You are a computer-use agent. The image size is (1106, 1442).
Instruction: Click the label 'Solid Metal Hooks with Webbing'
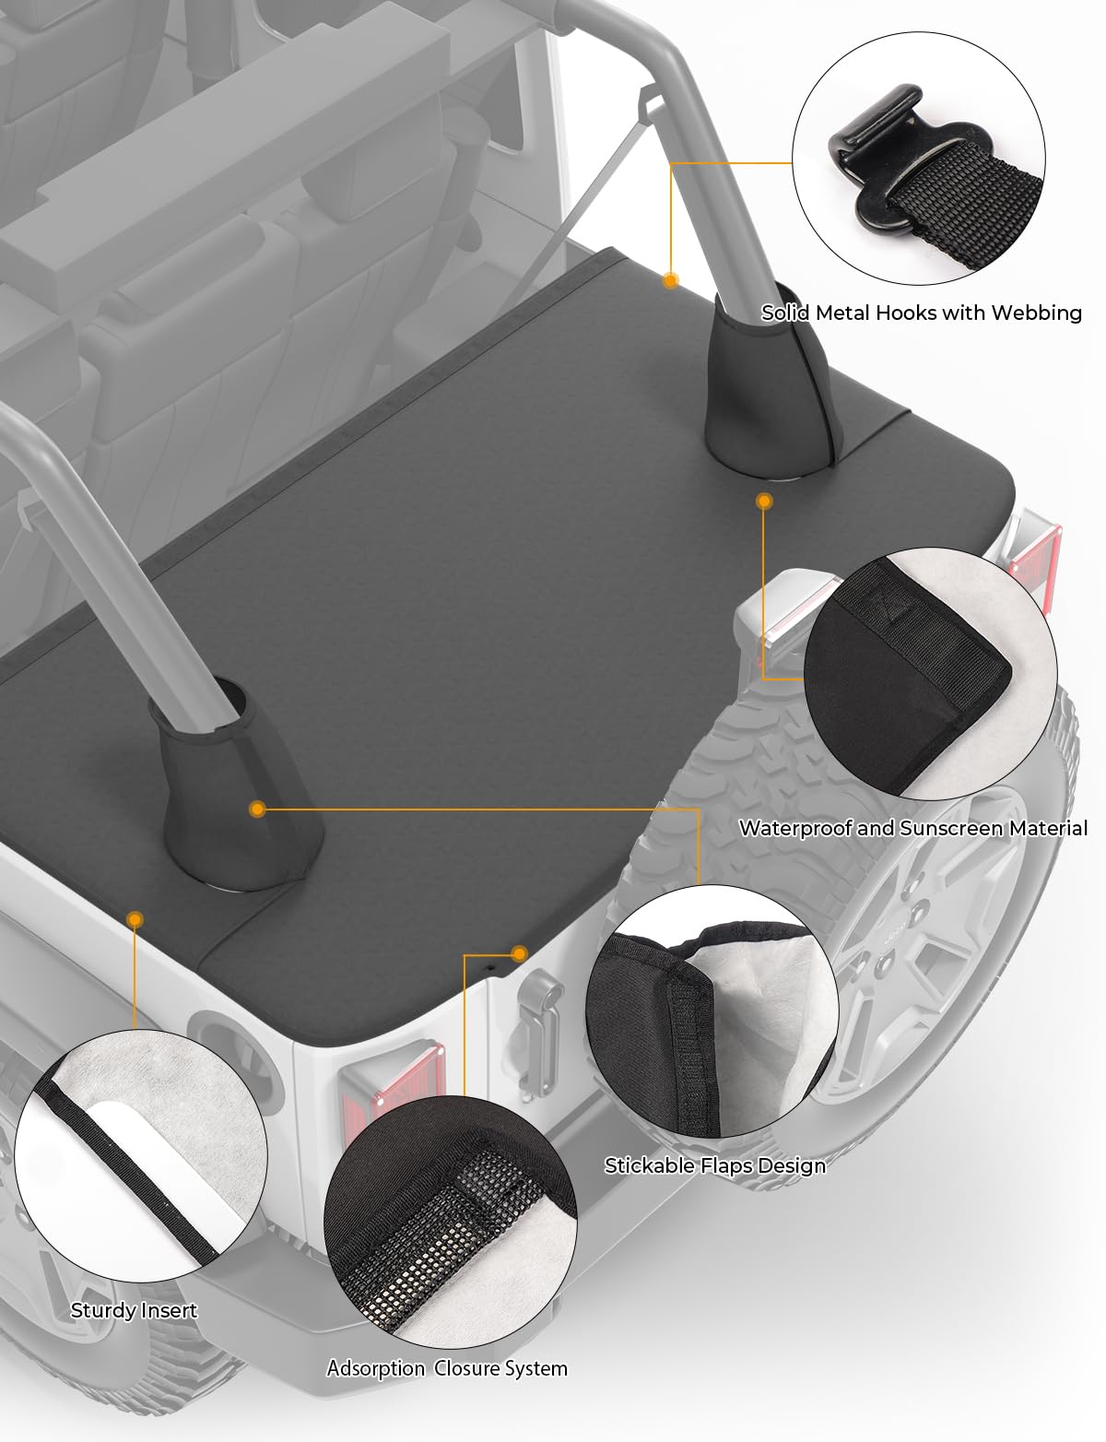click(x=921, y=313)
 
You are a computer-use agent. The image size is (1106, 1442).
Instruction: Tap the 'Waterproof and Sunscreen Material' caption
click(x=913, y=828)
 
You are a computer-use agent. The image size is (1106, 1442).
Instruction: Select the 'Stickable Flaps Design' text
click(x=715, y=1165)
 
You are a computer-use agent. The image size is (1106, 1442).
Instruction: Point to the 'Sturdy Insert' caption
click(x=134, y=1310)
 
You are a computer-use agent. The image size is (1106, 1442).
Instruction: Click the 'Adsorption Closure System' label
click(x=447, y=1367)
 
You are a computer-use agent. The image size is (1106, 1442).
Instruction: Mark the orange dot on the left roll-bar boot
click(x=257, y=809)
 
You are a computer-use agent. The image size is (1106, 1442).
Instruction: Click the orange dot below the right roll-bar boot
click(x=764, y=501)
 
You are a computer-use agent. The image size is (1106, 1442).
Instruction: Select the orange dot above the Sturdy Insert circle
click(x=135, y=919)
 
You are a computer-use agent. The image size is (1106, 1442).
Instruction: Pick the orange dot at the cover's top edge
click(x=670, y=280)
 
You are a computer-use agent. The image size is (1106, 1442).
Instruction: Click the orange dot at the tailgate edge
click(x=519, y=953)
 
